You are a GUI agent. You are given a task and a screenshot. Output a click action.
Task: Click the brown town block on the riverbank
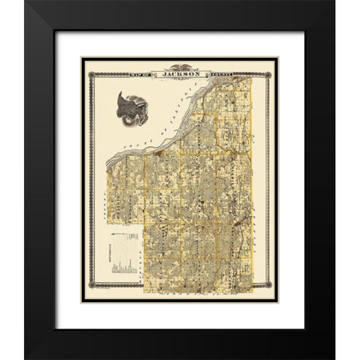pos(160,154)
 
